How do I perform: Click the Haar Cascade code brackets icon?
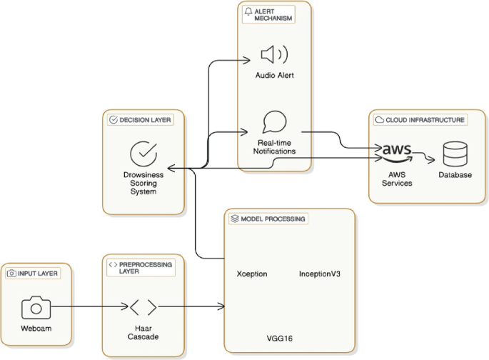[143, 308]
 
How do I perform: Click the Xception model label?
[251, 274]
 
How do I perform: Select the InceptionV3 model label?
[318, 274]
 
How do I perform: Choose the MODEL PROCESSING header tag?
[268, 219]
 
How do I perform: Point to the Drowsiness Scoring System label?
[143, 182]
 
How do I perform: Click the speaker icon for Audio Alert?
[274, 54]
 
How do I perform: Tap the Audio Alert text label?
[274, 75]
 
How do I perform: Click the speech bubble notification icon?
[274, 122]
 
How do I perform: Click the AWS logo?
[398, 152]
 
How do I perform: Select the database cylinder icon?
[455, 153]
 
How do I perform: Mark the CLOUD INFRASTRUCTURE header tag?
[420, 120]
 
